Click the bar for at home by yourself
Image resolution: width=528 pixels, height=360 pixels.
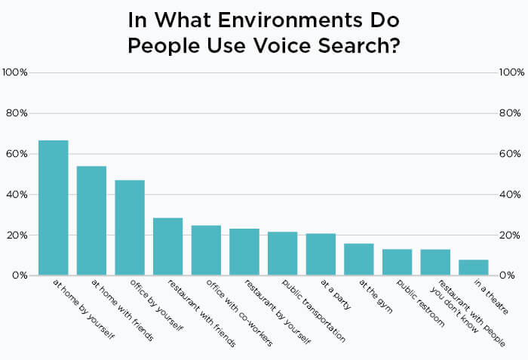[54, 208]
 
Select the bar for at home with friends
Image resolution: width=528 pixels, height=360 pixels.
[91, 220]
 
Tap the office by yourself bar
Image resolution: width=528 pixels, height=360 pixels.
[130, 227]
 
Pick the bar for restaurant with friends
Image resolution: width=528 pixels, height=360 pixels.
[167, 246]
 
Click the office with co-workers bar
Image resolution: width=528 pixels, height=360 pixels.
[206, 250]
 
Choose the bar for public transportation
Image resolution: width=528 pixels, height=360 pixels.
[282, 254]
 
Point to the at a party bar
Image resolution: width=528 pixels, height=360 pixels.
[321, 254]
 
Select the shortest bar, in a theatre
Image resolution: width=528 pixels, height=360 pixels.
[473, 267]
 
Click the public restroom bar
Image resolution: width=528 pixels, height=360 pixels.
[397, 262]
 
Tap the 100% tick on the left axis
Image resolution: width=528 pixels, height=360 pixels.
[15, 72]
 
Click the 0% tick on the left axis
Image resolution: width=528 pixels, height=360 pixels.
[20, 275]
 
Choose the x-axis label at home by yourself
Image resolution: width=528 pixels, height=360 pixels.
[84, 309]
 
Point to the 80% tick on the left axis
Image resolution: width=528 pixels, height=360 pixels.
[17, 113]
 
